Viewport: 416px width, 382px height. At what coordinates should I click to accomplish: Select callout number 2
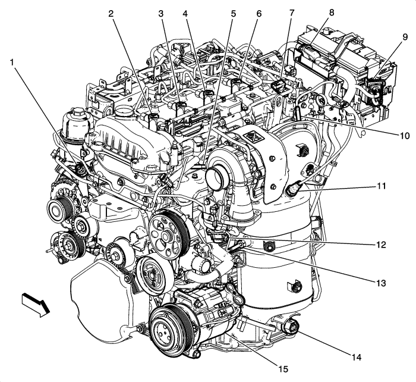click(111, 12)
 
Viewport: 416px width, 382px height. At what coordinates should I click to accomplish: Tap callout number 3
click(161, 12)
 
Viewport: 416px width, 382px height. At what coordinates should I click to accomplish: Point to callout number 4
click(185, 12)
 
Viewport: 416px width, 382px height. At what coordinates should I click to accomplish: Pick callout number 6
click(259, 12)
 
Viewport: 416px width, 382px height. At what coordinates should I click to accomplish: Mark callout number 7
click(291, 12)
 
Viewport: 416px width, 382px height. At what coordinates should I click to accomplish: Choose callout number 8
click(331, 12)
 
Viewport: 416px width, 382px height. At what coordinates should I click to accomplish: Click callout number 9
click(405, 37)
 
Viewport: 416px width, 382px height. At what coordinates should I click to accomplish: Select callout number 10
click(405, 136)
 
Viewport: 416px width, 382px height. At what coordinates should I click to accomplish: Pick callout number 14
click(356, 358)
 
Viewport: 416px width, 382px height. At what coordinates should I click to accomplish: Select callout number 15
click(283, 369)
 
